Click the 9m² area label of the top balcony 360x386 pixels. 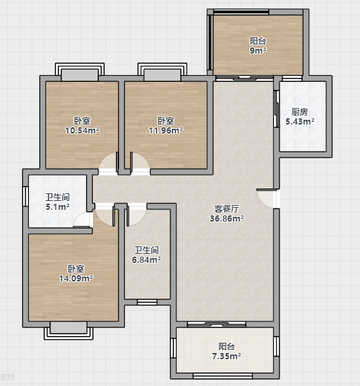tap(258, 51)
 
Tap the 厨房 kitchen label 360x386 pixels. tap(299, 112)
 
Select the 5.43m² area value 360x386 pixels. tap(299, 121)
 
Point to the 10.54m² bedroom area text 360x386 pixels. tap(82, 130)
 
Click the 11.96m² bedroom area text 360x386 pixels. tap(166, 130)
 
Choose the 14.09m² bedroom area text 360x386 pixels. tap(76, 279)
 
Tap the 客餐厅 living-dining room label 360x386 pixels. tap(226, 209)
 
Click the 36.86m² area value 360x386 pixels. tap(226, 218)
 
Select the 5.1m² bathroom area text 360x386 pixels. tap(57, 207)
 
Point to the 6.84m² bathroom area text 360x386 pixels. tap(147, 259)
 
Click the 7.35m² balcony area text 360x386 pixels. tap(226, 356)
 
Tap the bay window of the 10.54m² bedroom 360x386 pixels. tap(80, 72)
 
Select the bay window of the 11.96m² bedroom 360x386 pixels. tap(162, 72)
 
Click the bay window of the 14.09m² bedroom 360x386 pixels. tap(69, 330)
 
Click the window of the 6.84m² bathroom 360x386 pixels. tap(147, 302)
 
